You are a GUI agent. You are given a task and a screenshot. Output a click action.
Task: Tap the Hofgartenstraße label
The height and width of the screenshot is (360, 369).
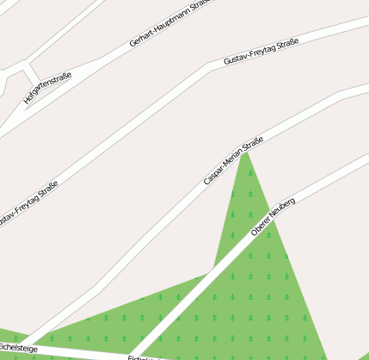pos(47,89)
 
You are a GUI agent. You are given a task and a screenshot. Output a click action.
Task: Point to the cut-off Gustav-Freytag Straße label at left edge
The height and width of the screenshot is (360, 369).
pos(28,205)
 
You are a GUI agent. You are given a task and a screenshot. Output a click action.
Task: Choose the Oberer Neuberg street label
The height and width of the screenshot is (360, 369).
pos(273,217)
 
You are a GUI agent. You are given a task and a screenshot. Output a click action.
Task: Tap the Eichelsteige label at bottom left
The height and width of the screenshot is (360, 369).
pos(17,348)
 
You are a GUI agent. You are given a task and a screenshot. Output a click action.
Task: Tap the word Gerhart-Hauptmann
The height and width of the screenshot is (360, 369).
pos(158,30)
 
